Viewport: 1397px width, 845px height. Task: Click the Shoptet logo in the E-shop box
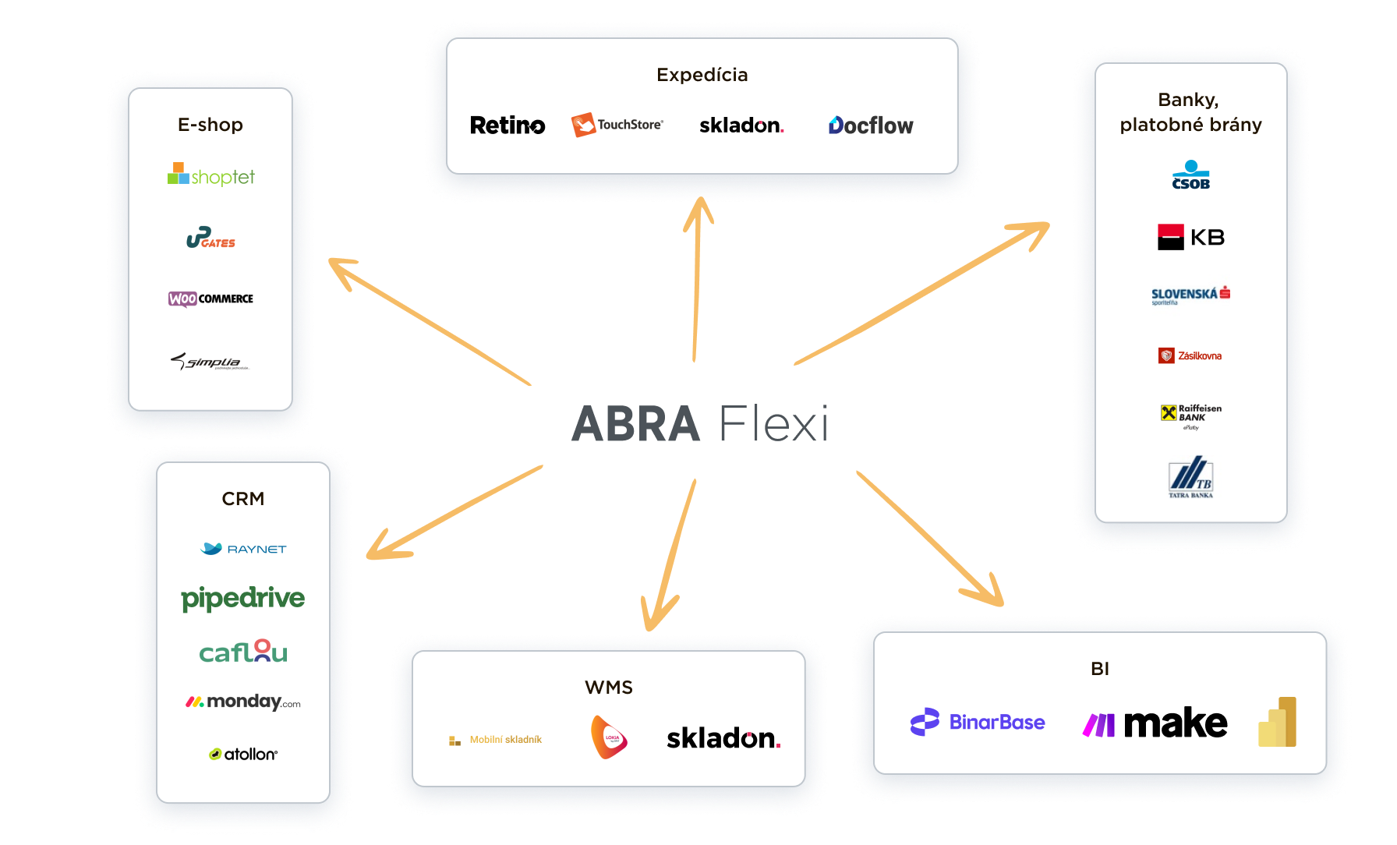[x=211, y=175]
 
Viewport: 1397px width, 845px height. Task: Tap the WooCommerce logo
[x=210, y=299]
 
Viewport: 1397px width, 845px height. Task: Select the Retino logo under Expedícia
[x=508, y=126]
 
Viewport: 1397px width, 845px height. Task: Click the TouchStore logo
[x=617, y=125]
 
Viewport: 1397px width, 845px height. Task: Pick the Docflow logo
[x=870, y=126]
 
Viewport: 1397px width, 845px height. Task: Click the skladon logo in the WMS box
[x=723, y=738]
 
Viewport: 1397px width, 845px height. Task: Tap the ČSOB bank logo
[x=1190, y=176]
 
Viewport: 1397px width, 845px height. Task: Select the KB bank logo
[x=1190, y=237]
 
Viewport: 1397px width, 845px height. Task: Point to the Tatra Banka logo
[x=1190, y=477]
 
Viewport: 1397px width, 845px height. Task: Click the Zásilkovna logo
[x=1190, y=355]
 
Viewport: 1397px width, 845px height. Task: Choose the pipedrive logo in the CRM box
[x=242, y=599]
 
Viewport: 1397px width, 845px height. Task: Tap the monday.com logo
[x=242, y=702]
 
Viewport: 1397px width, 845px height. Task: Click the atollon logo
[x=242, y=754]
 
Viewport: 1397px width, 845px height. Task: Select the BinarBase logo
[x=978, y=722]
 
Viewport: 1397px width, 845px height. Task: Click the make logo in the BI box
[x=1155, y=723]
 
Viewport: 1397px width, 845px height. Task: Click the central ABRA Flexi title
[x=699, y=424]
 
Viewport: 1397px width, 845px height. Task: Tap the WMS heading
[x=609, y=688]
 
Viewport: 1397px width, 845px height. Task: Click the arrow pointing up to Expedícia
[x=696, y=281]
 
